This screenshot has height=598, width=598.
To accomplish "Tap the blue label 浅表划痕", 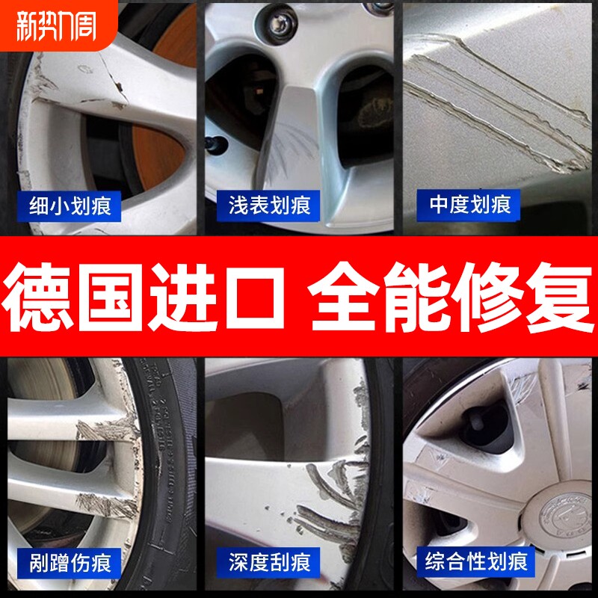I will tap(270, 203).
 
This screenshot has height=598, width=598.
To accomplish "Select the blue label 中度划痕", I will tap(470, 203).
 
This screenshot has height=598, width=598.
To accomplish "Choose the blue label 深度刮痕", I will tap(270, 561).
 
